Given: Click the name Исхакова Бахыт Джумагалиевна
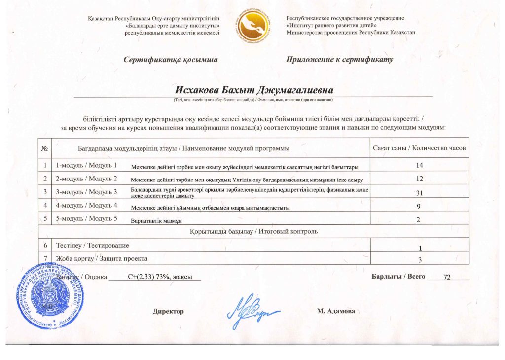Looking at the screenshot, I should pyautogui.click(x=254, y=90).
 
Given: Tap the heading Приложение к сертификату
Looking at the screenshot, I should pyautogui.click(x=339, y=60).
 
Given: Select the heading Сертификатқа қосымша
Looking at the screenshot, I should pyautogui.click(x=171, y=60).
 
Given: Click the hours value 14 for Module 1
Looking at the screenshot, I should pyautogui.click(x=419, y=165).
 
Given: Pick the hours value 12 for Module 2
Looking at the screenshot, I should pyautogui.click(x=419, y=178).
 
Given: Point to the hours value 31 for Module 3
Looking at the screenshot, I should pyautogui.click(x=419, y=192).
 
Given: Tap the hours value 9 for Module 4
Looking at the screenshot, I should pyautogui.click(x=419, y=206).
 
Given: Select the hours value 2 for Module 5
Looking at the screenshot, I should pyautogui.click(x=419, y=220).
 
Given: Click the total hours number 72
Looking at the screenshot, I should pyautogui.click(x=447, y=278).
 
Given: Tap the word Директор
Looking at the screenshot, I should pyautogui.click(x=168, y=312).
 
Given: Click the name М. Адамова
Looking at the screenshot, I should pyautogui.click(x=336, y=312).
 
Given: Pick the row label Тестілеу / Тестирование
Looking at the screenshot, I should pyautogui.click(x=93, y=245).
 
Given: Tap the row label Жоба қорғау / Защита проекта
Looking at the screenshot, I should pyautogui.click(x=102, y=258).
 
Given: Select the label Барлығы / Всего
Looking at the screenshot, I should pyautogui.click(x=398, y=277).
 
